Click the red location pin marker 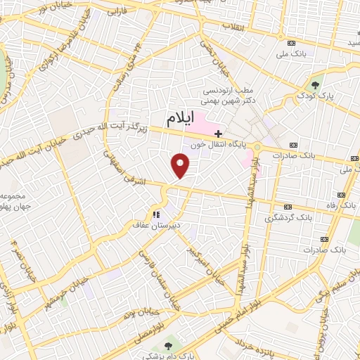[x=181, y=165]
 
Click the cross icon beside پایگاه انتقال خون [x=219, y=133]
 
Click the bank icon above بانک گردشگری [x=288, y=207]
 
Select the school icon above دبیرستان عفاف [x=155, y=214]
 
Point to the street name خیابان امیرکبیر [x=205, y=243]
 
